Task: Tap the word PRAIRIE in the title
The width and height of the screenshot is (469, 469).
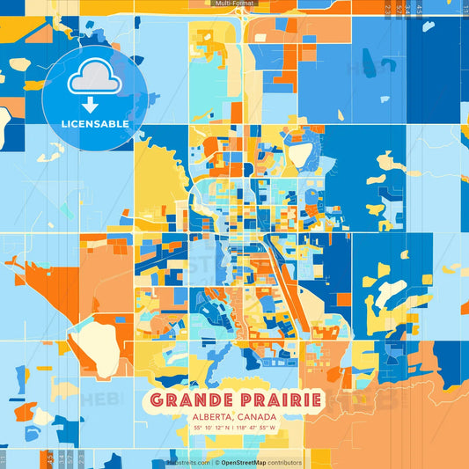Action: (276, 399)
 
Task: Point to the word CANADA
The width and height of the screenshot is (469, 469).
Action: (258, 416)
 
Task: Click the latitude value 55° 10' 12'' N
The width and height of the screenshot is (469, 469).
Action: (208, 428)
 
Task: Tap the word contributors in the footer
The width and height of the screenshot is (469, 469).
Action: (285, 462)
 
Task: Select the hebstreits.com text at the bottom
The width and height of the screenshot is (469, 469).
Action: (187, 462)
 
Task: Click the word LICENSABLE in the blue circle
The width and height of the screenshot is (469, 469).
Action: (96, 124)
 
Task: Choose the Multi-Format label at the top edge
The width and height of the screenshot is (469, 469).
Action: (234, 4)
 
